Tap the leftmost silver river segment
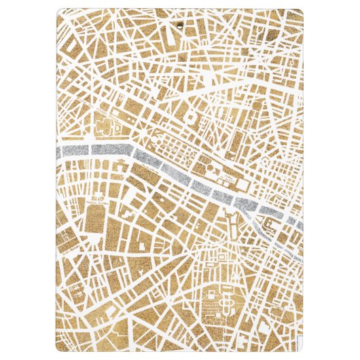coord(74,150)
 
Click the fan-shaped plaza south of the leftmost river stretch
coord(99,188)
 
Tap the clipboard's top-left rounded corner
coord(55,12)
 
